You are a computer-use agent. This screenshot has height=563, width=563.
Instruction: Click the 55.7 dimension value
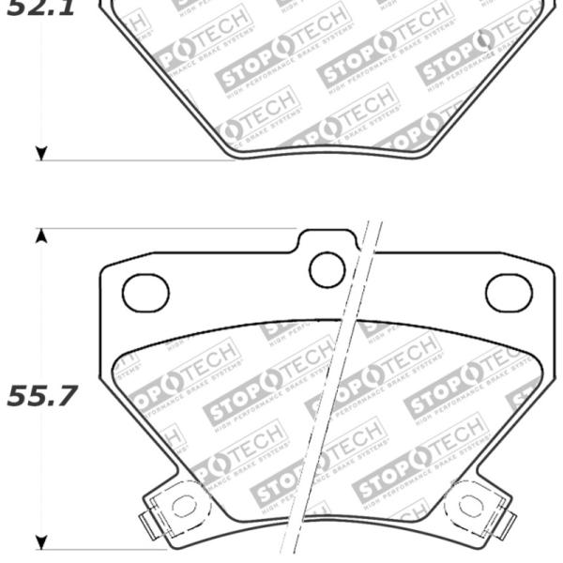coord(41,398)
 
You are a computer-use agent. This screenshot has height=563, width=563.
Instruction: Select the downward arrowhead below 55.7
coord(40,541)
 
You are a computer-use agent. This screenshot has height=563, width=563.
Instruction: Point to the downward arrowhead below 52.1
coord(40,152)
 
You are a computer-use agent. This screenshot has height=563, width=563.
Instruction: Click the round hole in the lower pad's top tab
coord(327,270)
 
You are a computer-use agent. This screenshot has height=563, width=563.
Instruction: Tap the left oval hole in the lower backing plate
coord(146,292)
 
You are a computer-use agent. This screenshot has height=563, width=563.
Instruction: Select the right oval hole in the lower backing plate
coord(509,292)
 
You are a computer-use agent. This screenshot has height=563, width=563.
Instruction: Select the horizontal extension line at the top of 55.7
coord(169,228)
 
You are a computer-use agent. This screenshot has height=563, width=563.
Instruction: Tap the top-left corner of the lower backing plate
coord(103,270)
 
